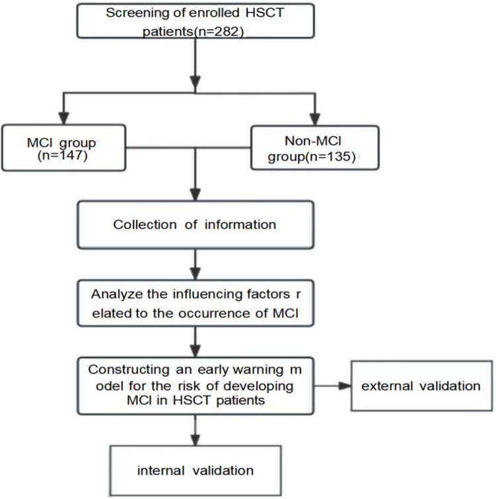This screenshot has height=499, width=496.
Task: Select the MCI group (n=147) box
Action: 63,147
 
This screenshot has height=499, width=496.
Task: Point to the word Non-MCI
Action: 313,141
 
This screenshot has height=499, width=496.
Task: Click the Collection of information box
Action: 195,225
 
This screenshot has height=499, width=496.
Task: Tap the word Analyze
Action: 117,294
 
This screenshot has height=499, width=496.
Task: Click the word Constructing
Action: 129,370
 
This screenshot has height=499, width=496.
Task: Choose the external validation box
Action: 421,386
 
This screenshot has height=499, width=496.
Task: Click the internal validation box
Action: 195,471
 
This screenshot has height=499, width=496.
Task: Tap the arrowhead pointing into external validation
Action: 345,386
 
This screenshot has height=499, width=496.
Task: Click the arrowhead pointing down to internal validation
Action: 195,440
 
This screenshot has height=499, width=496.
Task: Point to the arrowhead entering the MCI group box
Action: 63,118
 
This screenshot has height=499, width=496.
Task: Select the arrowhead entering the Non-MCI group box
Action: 315,120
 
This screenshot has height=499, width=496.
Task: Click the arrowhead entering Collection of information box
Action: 195,195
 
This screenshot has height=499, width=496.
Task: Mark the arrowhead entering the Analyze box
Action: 195,274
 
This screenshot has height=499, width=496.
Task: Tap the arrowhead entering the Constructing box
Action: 195,352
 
